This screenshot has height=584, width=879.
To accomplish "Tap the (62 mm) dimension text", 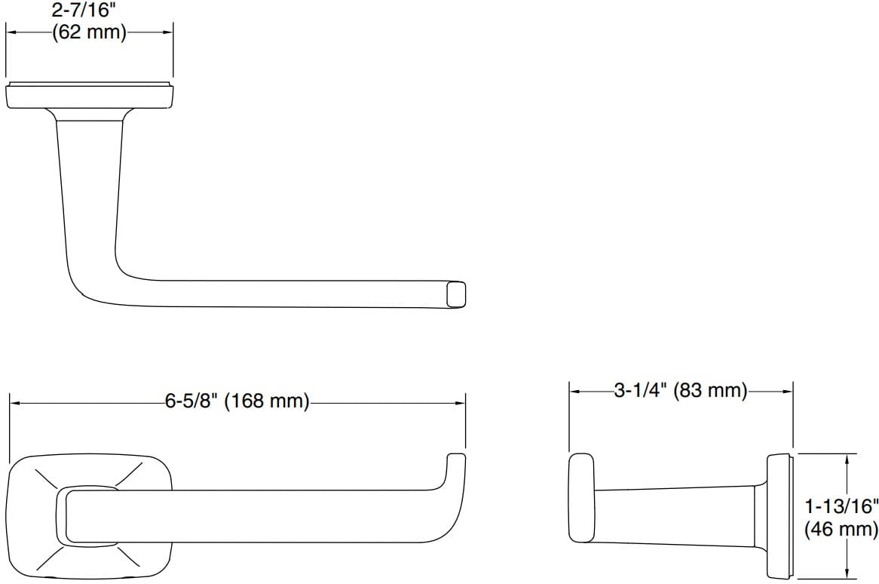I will click(89, 33).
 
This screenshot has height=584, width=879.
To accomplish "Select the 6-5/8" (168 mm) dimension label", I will click(237, 401).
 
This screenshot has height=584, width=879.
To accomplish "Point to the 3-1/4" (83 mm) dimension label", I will click(680, 390).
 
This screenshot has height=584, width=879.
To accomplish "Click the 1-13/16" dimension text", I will click(841, 507).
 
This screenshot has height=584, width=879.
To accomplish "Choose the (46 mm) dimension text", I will click(841, 530).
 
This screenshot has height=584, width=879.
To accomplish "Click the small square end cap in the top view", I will click(456, 294).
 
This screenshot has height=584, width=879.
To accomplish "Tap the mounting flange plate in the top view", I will click(90, 97).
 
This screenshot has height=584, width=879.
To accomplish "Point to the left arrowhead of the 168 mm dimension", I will click(14, 403).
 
